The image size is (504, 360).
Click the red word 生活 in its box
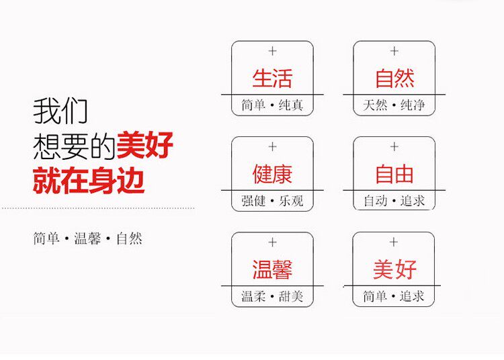coord(272,78)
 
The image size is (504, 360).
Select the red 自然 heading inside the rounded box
coord(394,78)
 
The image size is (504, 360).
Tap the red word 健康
coord(272,174)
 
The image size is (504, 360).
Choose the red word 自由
coord(394,174)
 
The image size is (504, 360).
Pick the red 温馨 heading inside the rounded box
coord(272,269)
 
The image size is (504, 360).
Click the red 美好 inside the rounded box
coord(394,269)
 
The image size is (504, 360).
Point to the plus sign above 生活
coord(272,51)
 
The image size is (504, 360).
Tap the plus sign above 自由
coord(394,146)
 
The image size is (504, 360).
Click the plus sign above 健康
coord(272,146)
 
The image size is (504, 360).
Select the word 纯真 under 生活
coord(291,105)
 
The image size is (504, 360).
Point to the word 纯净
coord(413,105)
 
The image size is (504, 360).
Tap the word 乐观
coord(291,201)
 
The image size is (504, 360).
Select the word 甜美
coord(291,296)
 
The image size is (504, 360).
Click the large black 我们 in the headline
coord(60,111)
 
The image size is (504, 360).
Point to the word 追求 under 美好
coord(413,296)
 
